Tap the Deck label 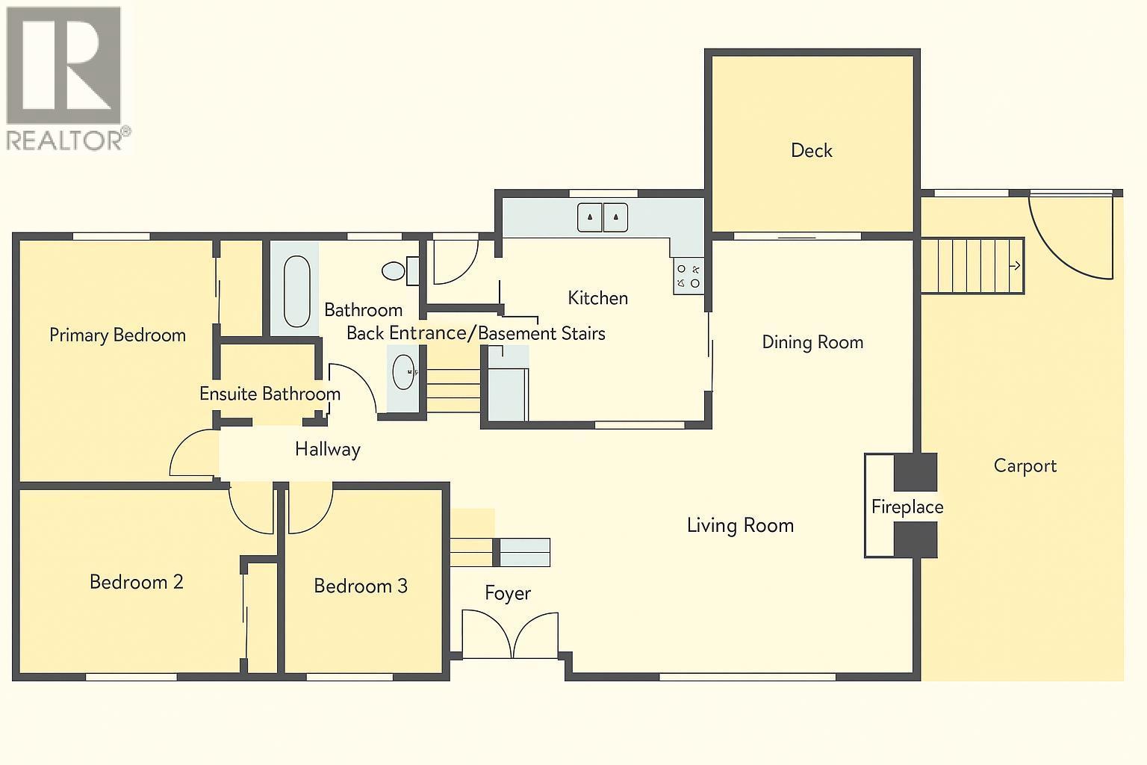[811, 150]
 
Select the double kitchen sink [603, 217]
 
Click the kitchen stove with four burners [688, 276]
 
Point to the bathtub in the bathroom [296, 291]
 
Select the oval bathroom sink [404, 371]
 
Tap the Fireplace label [907, 507]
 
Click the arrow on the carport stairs [1016, 265]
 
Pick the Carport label [1025, 465]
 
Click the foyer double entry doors [510, 635]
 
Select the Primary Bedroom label [117, 335]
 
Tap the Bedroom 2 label [136, 581]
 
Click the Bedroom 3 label [360, 585]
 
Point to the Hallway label [327, 449]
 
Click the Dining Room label [812, 342]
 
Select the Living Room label [739, 525]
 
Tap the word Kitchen [597, 298]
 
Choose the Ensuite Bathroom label [270, 394]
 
